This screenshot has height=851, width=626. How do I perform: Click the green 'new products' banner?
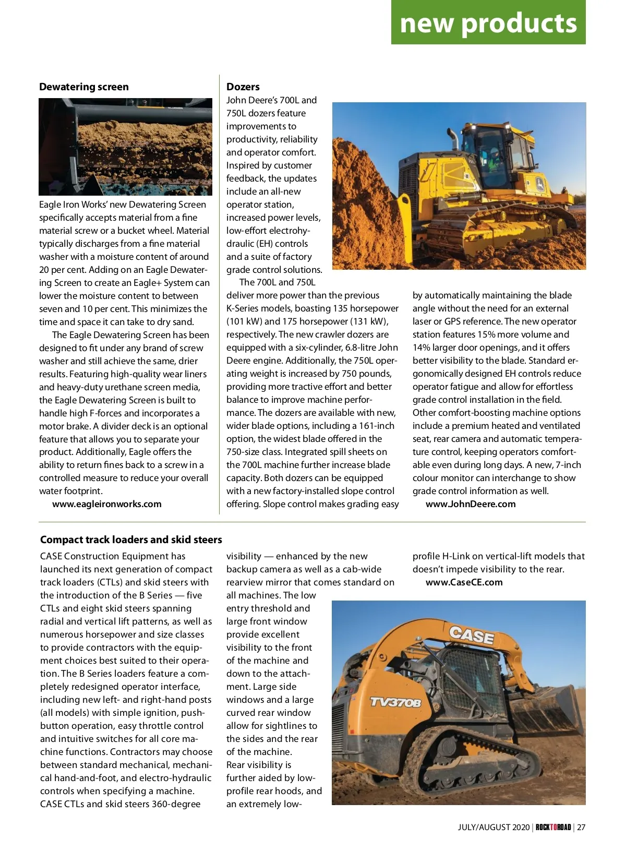pyautogui.click(x=488, y=23)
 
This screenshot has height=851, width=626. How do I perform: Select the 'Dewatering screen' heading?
pyautogui.click(x=84, y=87)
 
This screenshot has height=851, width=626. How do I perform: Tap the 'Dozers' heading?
pyautogui.click(x=243, y=87)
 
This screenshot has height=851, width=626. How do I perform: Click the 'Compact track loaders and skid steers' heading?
pyautogui.click(x=131, y=540)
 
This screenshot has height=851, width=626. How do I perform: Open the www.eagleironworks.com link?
pyautogui.click(x=106, y=504)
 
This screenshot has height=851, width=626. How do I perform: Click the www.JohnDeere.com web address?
pyautogui.click(x=471, y=504)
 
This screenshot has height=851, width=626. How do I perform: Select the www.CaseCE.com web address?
pyautogui.click(x=464, y=582)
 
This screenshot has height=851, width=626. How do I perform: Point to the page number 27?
pyautogui.click(x=581, y=827)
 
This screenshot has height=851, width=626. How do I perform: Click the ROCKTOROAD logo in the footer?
pyautogui.click(x=553, y=827)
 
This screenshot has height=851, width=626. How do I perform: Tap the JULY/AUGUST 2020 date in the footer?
pyautogui.click(x=493, y=827)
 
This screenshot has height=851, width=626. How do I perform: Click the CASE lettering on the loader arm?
pyautogui.click(x=471, y=635)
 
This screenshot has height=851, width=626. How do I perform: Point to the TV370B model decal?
pyautogui.click(x=395, y=702)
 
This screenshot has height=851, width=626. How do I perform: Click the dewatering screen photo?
pyautogui.click(x=125, y=147)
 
